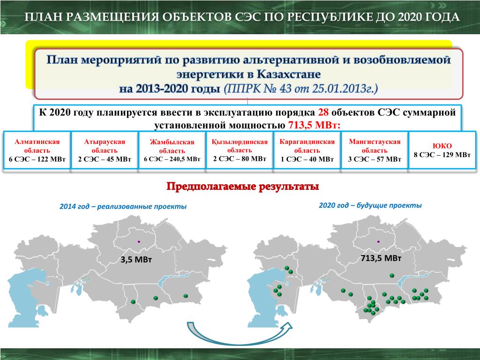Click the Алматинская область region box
37,150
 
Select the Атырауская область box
105,150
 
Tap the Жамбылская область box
172,150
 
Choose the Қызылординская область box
240,150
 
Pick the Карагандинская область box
307,150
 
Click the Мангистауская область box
375,150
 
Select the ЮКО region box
442,150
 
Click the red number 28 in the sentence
323,112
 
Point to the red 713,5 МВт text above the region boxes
314,125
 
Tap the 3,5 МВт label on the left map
136,260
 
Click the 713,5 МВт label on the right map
381,258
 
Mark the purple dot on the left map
139,241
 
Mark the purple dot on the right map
378,241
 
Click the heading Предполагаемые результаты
243,187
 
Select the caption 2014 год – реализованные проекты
123,206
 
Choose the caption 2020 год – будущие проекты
370,205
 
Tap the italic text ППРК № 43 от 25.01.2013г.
301,89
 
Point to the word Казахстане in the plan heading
289,75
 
